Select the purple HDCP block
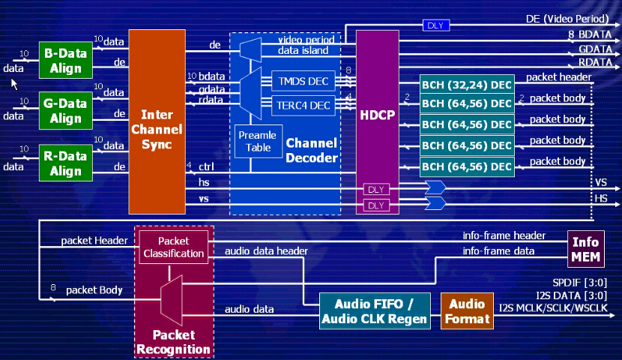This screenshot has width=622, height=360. coord(377,117)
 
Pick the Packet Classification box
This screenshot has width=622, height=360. coord(174,247)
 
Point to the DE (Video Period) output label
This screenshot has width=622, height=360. coord(573,19)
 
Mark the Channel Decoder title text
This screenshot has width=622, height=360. coord(312,150)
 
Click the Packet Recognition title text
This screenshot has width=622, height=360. coord(174,341)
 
